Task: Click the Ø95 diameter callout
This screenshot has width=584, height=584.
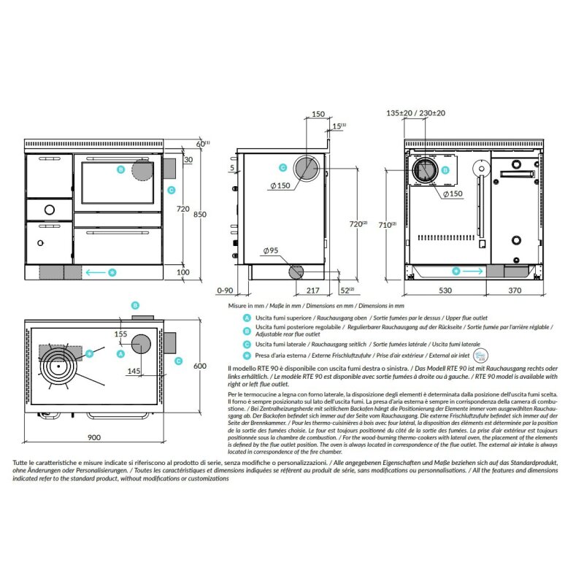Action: [269, 250]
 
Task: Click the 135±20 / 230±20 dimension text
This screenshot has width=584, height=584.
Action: [416, 114]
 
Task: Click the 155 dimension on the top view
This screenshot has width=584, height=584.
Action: [121, 333]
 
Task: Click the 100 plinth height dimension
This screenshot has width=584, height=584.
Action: [182, 272]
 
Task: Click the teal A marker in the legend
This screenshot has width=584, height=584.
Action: [247, 318]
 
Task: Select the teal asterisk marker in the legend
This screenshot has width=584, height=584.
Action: [247, 356]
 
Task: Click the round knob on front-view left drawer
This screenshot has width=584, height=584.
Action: [48, 210]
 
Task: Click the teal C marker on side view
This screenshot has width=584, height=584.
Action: [282, 168]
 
